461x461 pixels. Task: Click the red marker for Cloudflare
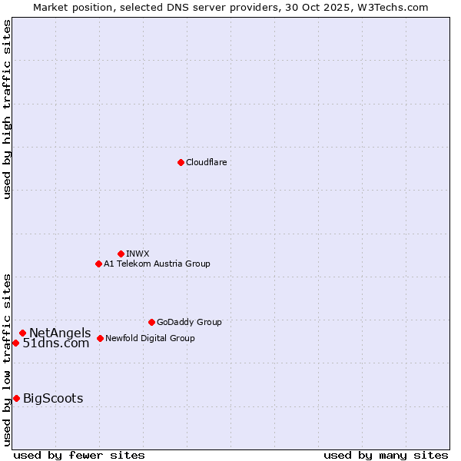click(181, 162)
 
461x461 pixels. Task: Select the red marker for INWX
click(121, 254)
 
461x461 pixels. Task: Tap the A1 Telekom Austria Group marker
click(98, 264)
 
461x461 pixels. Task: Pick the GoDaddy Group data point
click(151, 322)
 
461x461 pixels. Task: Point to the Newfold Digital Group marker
click(100, 338)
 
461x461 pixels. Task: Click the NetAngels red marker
click(22, 333)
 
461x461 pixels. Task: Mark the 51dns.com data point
click(15, 343)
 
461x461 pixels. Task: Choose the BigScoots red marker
click(16, 398)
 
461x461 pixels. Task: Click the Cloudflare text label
click(206, 162)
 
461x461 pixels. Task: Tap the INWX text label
click(138, 254)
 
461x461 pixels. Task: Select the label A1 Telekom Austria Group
click(157, 264)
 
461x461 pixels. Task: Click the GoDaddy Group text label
click(189, 322)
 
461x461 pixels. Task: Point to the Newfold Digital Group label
click(150, 338)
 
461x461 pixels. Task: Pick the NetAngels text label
click(60, 333)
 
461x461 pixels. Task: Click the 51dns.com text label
click(56, 343)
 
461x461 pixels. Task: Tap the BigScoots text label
click(53, 398)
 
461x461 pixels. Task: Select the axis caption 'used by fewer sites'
click(79, 455)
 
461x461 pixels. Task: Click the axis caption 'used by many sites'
click(386, 455)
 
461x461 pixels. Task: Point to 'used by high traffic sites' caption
click(8, 109)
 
